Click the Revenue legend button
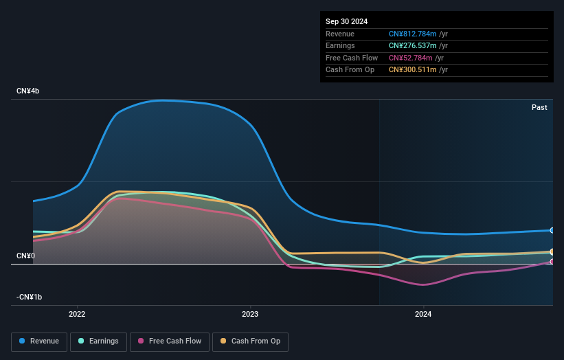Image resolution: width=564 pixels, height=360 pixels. pyautogui.click(x=39, y=341)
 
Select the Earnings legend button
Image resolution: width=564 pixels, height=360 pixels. pyautogui.click(x=99, y=341)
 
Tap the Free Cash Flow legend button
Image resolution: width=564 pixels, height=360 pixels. pyautogui.click(x=170, y=341)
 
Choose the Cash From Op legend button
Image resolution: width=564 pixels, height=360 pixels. pyautogui.click(x=250, y=341)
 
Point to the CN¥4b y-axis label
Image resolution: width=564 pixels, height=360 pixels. pyautogui.click(x=28, y=91)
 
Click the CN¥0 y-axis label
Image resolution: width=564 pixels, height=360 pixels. pyautogui.click(x=26, y=256)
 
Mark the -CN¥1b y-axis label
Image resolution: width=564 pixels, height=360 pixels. pyautogui.click(x=30, y=297)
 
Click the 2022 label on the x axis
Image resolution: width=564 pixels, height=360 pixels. pyautogui.click(x=77, y=315)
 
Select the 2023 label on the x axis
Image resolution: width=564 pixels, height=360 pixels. pyautogui.click(x=250, y=315)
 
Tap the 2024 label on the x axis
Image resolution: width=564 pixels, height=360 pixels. pyautogui.click(x=423, y=315)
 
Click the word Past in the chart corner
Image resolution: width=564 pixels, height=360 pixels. pyautogui.click(x=539, y=107)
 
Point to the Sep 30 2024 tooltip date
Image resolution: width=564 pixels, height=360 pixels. pyautogui.click(x=346, y=21)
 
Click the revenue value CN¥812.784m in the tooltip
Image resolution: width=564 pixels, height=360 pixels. pyautogui.click(x=418, y=34)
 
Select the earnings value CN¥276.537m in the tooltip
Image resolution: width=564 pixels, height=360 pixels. pyautogui.click(x=418, y=46)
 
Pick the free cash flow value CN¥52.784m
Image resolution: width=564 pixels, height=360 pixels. pyautogui.click(x=416, y=58)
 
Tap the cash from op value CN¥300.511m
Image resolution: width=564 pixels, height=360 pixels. pyautogui.click(x=418, y=69)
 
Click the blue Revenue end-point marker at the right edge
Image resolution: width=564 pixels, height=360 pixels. pyautogui.click(x=552, y=230)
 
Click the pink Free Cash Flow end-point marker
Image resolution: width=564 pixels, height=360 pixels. pyautogui.click(x=552, y=262)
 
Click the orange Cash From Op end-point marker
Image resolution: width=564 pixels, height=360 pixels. pyautogui.click(x=552, y=251)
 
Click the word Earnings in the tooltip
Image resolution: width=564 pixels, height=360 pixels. pyautogui.click(x=340, y=46)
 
